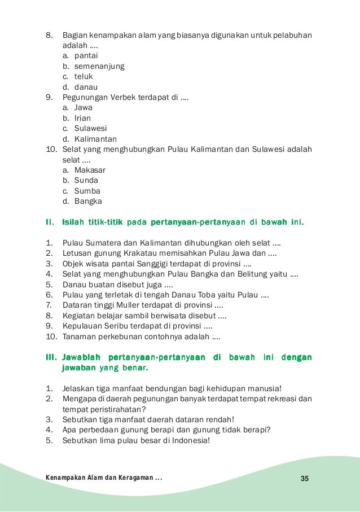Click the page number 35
[x=305, y=479]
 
